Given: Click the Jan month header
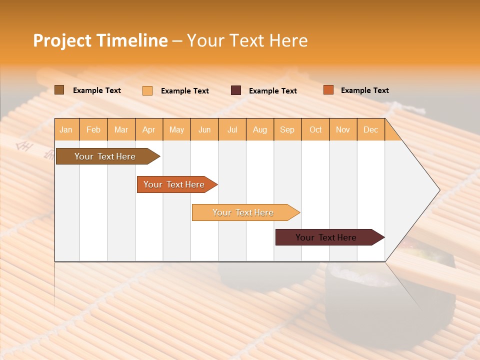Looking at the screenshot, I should [x=66, y=129].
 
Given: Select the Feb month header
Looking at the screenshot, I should [x=93, y=129].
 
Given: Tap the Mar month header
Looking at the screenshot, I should [x=121, y=129].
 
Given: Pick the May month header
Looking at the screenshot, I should [x=176, y=129].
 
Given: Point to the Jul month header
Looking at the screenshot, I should [x=232, y=129].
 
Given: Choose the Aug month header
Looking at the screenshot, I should [x=259, y=129].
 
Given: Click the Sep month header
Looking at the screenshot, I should [x=287, y=129].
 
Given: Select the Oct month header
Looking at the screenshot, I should [x=315, y=129].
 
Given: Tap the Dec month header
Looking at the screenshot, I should [x=370, y=129].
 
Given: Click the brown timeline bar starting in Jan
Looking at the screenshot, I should [x=105, y=156].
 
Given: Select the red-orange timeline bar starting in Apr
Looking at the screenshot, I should [x=174, y=184].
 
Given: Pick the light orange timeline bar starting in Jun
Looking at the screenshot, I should [x=243, y=212].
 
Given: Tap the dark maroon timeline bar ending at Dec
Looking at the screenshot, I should [x=326, y=237].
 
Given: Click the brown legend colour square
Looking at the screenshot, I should [x=59, y=90].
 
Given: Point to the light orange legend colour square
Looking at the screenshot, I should [x=147, y=90].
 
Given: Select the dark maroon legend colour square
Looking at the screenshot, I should [x=236, y=90].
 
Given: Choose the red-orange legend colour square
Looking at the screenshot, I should [x=328, y=90].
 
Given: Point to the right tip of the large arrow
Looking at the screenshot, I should [x=438, y=190].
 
